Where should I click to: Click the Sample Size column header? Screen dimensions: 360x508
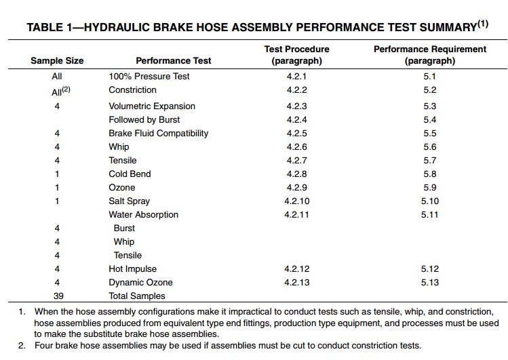(x=57, y=61)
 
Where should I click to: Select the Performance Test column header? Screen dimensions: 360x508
(x=174, y=61)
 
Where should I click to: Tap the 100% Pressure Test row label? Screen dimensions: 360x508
(x=149, y=77)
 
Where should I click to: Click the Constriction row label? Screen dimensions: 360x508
(x=132, y=90)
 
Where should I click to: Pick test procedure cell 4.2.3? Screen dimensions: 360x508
(x=297, y=106)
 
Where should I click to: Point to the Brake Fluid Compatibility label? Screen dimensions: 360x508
(x=159, y=134)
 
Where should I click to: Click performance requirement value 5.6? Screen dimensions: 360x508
(x=429, y=147)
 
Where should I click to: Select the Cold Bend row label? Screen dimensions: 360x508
(x=130, y=174)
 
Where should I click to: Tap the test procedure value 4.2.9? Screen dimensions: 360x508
(x=297, y=188)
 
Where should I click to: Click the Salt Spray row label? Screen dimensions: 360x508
(x=130, y=201)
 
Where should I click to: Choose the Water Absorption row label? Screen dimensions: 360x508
(x=144, y=215)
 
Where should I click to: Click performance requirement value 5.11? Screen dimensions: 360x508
(x=429, y=215)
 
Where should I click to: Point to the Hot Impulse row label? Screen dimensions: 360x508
(x=133, y=269)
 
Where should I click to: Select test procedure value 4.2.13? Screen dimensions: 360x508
(x=297, y=283)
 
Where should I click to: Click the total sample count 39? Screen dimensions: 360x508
(x=57, y=296)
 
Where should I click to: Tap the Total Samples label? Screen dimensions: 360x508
(x=137, y=296)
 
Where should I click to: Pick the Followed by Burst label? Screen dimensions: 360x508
(x=144, y=120)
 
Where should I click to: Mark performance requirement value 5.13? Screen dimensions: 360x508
(x=429, y=283)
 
